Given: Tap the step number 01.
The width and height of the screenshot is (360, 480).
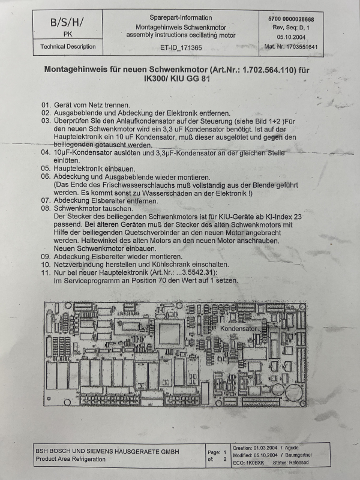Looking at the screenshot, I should [x=46, y=105].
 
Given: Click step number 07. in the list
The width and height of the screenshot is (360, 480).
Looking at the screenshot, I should [x=46, y=200].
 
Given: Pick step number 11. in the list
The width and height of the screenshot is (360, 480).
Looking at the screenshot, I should [x=46, y=272].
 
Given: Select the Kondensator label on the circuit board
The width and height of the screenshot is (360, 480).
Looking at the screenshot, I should [x=238, y=330].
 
